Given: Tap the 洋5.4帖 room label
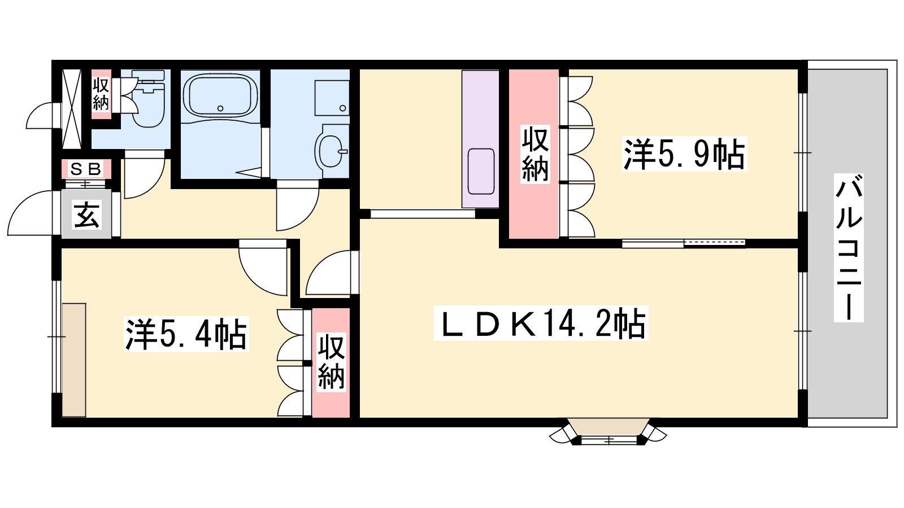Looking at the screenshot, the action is point(186,334).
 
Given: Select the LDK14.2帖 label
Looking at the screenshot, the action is point(541,323).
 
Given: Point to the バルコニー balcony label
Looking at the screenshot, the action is point(849,248).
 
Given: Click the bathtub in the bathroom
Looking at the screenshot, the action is point(220,95).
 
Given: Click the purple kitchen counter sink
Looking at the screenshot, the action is point(481,172).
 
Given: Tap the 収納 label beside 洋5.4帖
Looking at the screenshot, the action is point(331,362).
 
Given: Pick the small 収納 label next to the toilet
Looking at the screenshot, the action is point(101,94).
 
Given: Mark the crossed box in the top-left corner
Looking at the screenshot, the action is point(71,109).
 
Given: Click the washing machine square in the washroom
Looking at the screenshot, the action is point(332,98).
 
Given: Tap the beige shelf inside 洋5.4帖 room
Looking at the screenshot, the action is point(74,360).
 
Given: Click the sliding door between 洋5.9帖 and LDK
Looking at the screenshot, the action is point(683,243).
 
